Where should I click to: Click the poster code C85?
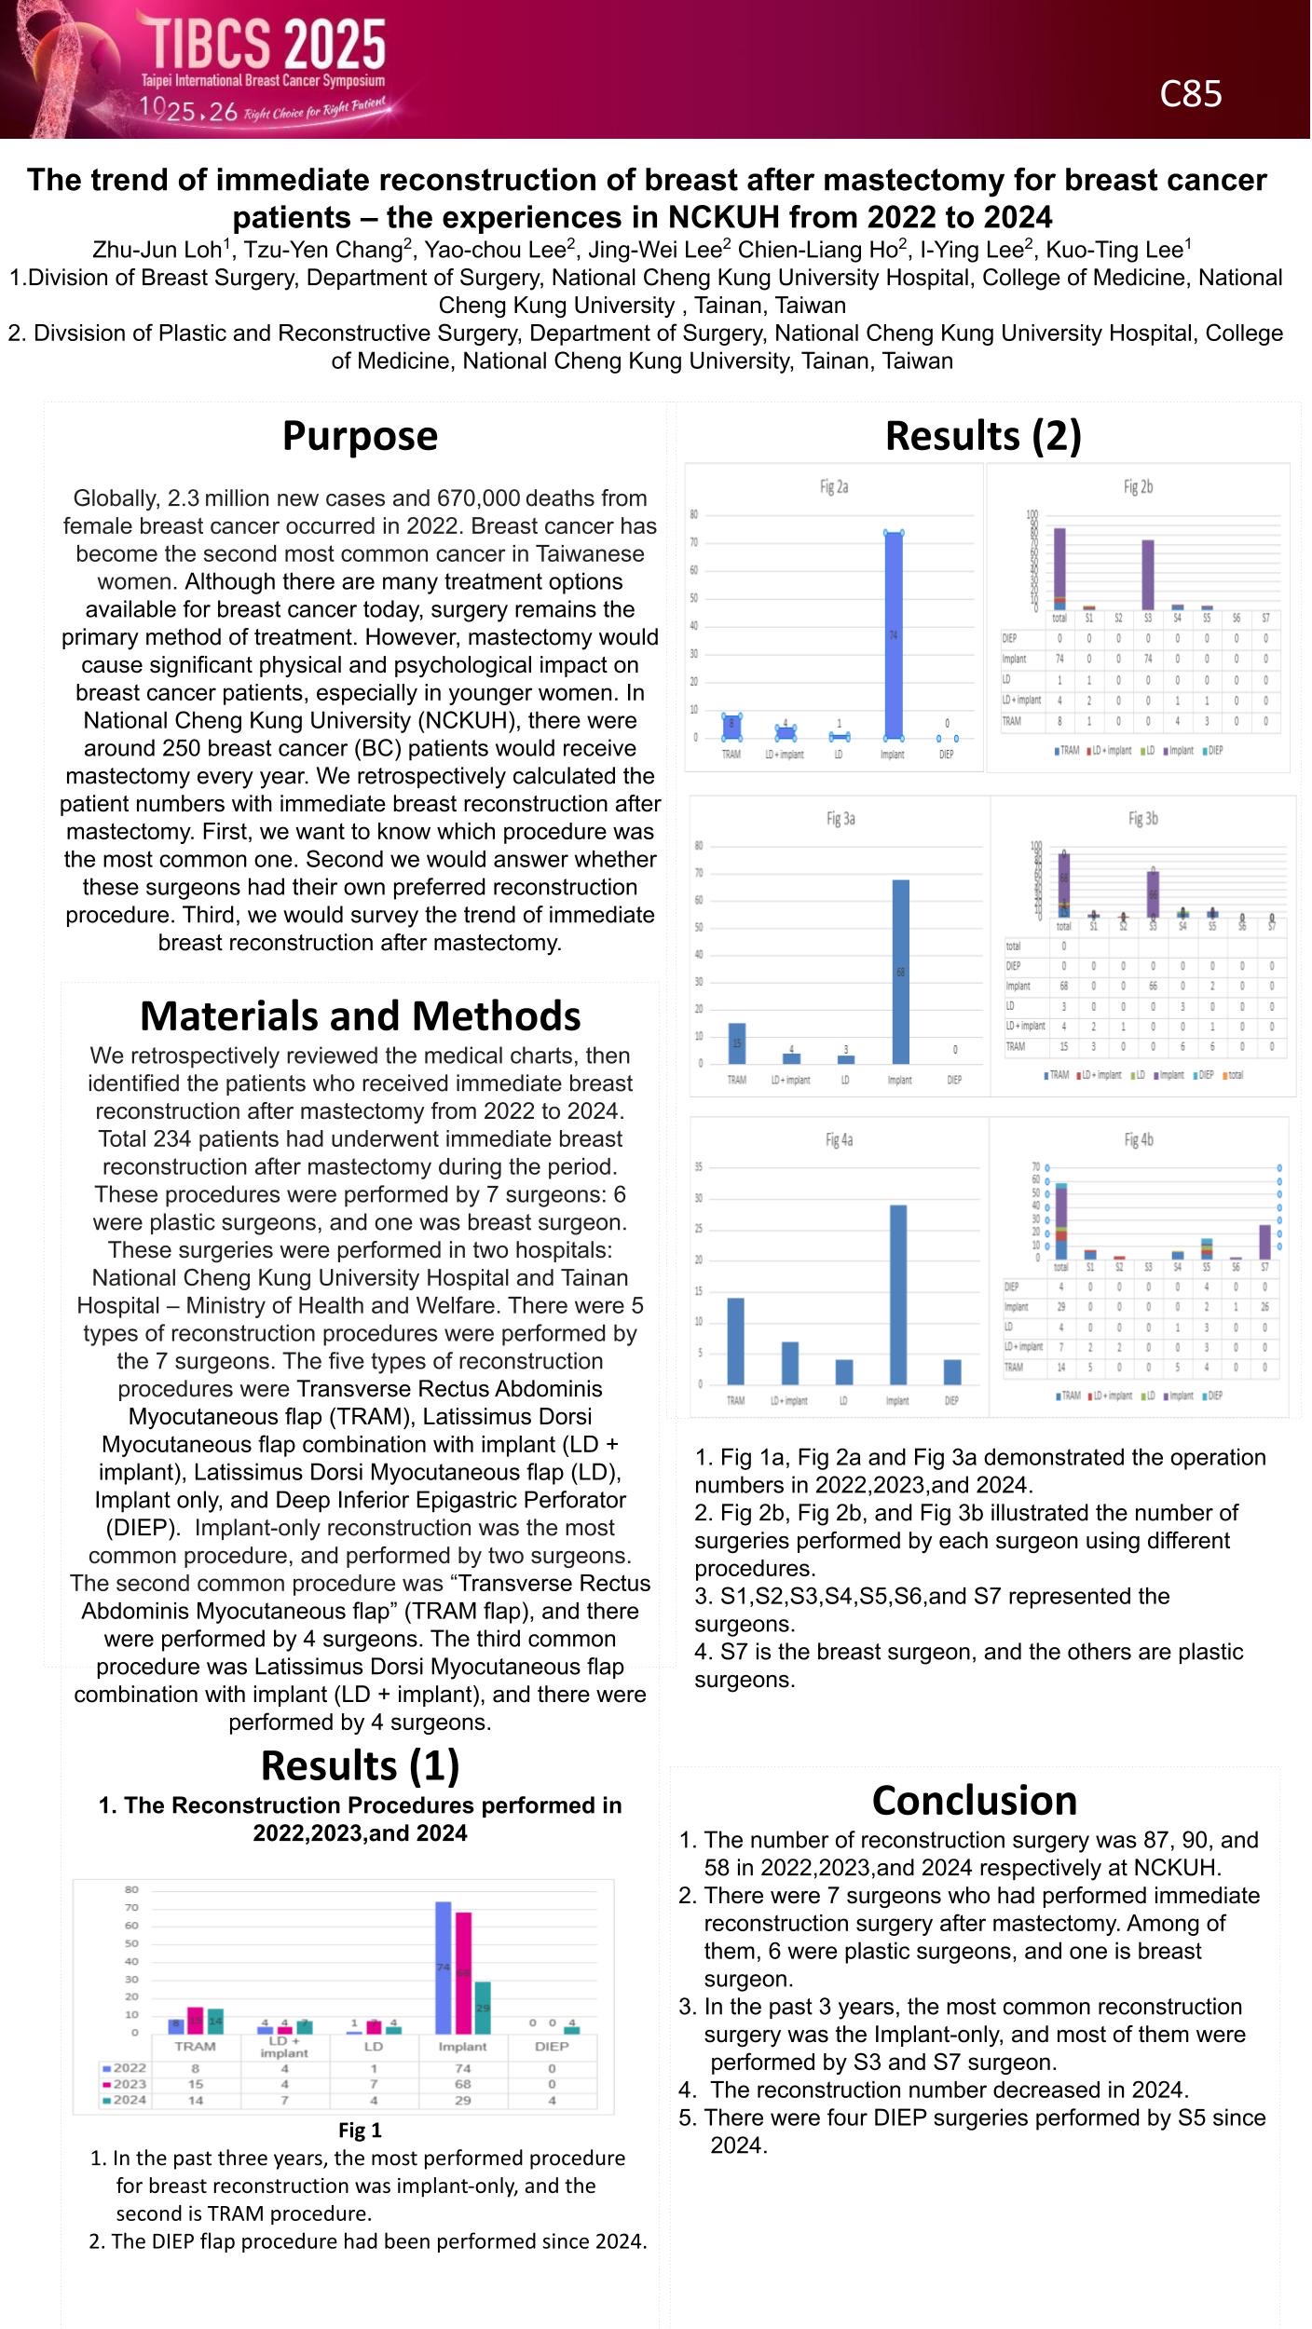1190,94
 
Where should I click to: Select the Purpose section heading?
360,436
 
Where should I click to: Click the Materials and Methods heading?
360,1015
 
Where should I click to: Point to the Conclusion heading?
974,1800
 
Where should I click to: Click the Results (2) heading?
983,436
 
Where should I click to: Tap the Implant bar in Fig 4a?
898,1294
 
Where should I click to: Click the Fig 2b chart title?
1138,486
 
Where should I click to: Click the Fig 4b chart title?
1138,1139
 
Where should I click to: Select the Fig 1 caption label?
360,2131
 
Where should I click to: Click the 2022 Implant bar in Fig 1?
444,1967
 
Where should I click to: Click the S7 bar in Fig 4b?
1264,1241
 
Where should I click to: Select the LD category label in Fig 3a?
845,1081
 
